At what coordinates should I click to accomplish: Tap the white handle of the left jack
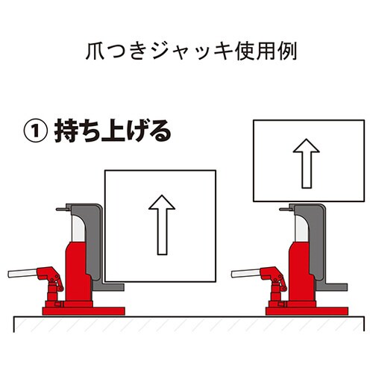coord(23,275)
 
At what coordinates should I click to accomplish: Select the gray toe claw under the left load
coord(112,286)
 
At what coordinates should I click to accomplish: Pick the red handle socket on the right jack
coord(275,280)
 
